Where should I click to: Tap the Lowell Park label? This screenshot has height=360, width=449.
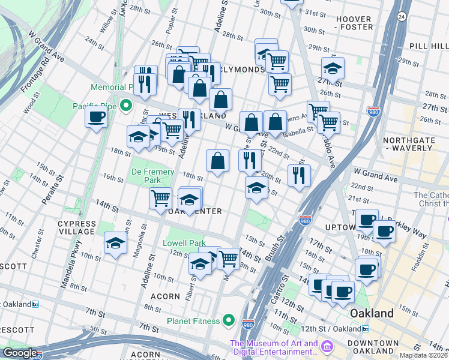184,243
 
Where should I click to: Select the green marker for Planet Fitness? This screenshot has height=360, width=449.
228,321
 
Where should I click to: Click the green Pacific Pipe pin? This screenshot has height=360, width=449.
126,106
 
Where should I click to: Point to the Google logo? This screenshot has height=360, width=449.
19,353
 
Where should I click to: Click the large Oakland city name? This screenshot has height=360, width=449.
372,313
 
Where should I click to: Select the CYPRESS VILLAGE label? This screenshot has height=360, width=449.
77,227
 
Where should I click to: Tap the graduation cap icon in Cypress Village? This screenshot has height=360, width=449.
115,243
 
